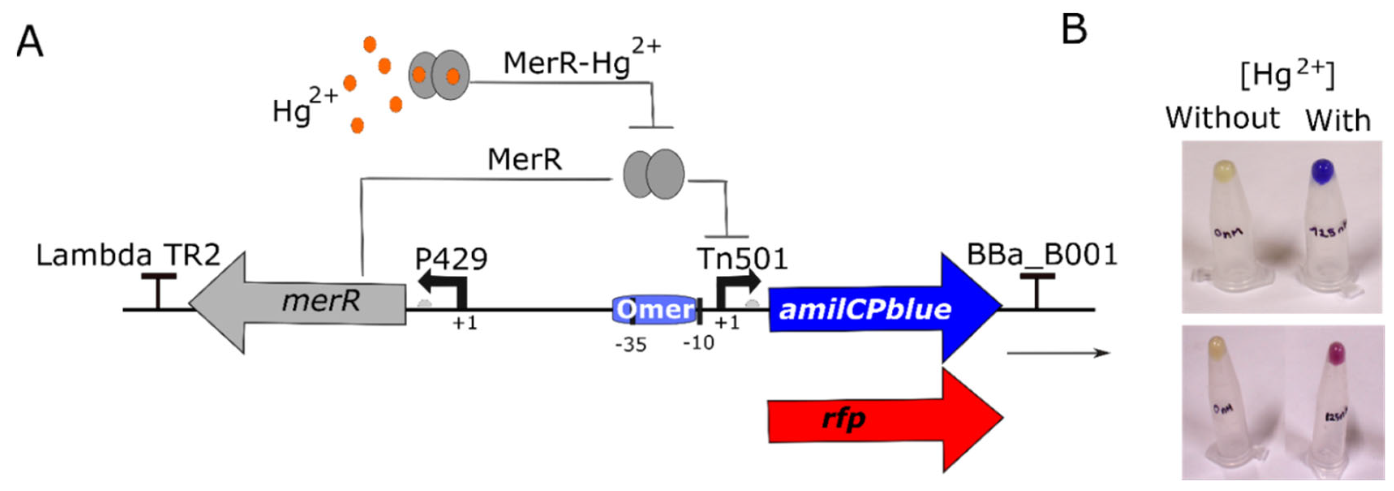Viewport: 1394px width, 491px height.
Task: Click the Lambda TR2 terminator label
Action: (128, 255)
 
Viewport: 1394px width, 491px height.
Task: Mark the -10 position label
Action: (698, 342)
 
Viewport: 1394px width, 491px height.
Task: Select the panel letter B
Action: (1074, 29)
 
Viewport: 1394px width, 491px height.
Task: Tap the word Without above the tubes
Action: (1222, 118)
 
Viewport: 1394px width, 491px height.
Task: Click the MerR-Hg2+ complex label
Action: (582, 62)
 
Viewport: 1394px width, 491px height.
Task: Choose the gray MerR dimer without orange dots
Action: (654, 174)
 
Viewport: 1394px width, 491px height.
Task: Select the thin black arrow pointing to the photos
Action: (1058, 353)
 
